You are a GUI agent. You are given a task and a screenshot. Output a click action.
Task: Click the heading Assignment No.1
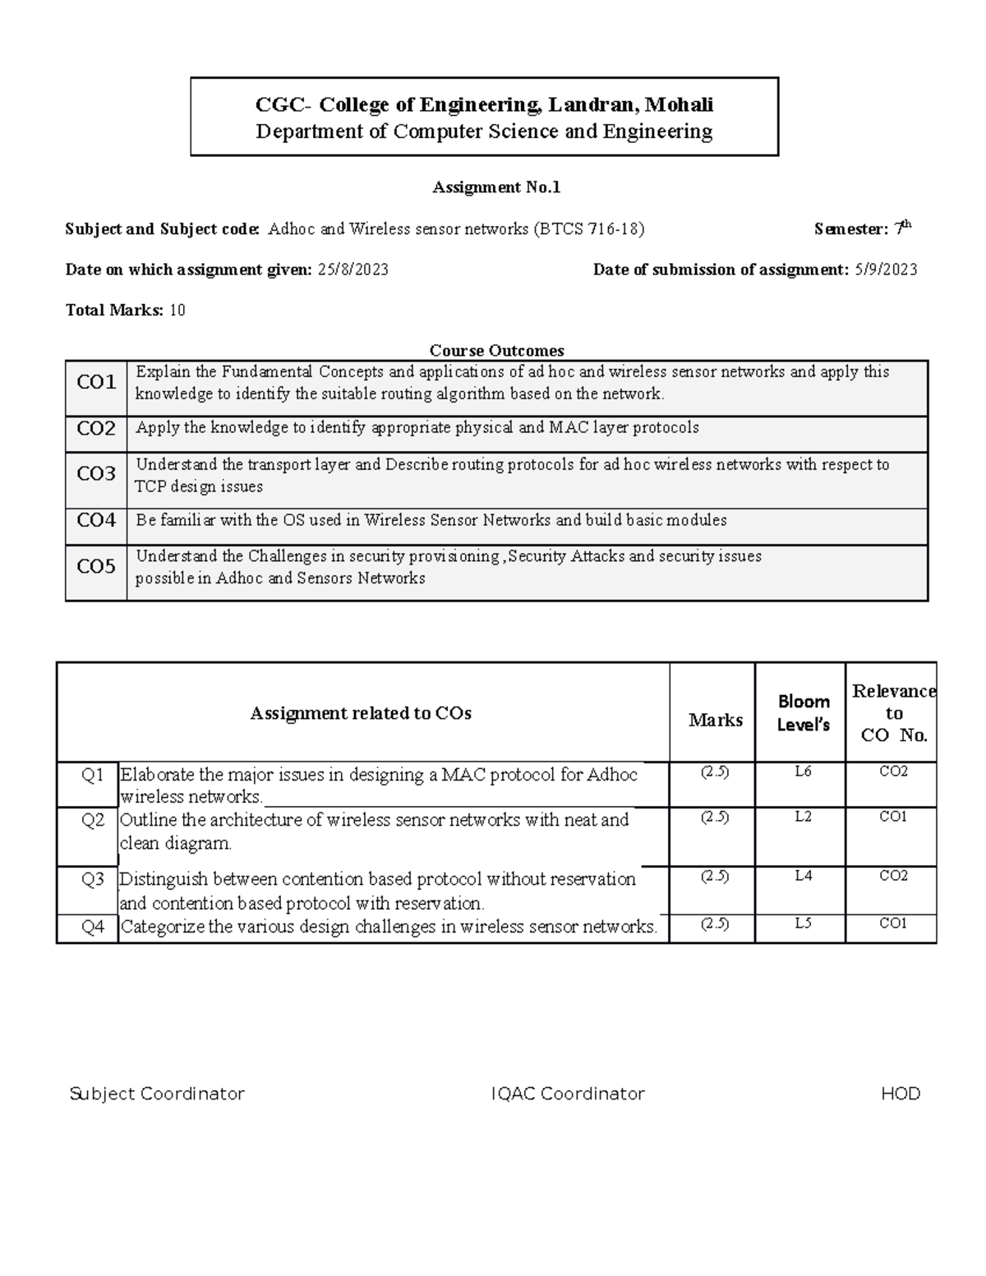tap(496, 187)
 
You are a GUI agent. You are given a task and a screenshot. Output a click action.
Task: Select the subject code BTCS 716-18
tap(589, 229)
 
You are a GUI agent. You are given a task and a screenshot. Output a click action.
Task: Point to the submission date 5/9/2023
tap(885, 269)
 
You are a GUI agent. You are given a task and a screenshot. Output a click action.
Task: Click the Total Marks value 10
tap(177, 310)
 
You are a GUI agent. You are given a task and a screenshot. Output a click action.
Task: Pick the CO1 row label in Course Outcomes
tap(96, 382)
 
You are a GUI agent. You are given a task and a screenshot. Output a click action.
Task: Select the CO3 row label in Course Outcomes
tap(96, 474)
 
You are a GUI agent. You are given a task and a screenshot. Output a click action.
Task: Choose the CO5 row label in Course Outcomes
tap(96, 566)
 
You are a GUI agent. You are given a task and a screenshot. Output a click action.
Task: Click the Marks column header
tap(715, 720)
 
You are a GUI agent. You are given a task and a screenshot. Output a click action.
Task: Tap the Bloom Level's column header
tap(803, 712)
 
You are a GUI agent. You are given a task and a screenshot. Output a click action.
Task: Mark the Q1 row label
tap(93, 775)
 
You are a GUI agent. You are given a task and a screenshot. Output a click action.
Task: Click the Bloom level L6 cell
tap(803, 772)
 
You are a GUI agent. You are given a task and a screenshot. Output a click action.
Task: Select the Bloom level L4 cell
tap(803, 876)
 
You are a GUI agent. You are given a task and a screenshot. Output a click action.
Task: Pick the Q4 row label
tap(93, 928)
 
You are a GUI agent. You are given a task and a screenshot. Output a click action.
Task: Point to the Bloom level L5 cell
tap(803, 924)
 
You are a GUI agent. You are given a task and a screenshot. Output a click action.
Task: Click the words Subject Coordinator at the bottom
tap(157, 1094)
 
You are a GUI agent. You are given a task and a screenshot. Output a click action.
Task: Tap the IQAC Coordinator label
tap(567, 1094)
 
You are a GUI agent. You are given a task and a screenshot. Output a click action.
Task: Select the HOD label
tap(901, 1094)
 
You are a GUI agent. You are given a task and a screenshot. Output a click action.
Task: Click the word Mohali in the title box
tap(679, 104)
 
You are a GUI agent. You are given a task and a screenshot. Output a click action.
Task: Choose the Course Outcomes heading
tap(496, 351)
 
